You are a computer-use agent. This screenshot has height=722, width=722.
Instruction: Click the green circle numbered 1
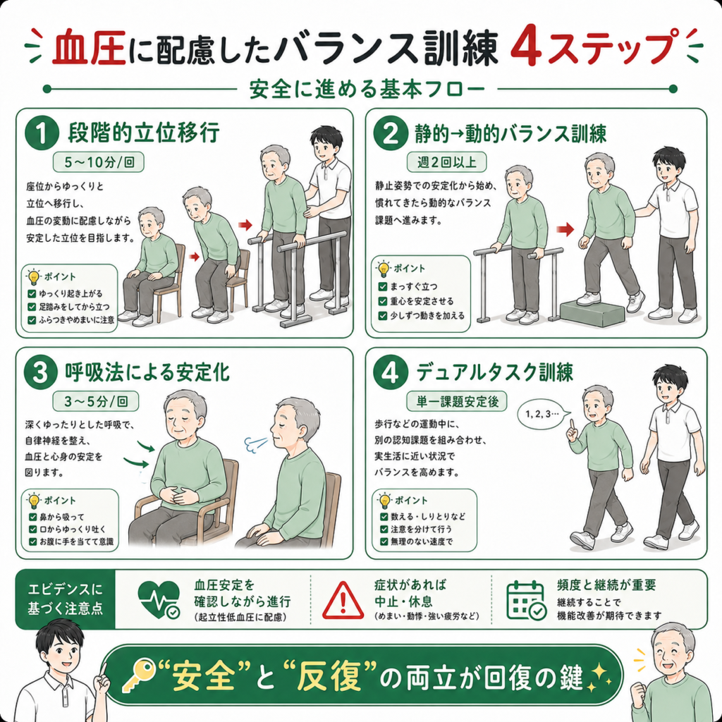tap(42, 133)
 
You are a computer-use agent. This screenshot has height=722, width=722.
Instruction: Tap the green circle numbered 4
tap(390, 372)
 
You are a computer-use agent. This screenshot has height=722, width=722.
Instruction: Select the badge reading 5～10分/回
tap(99, 163)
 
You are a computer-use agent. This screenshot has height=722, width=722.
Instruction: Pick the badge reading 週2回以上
tap(446, 162)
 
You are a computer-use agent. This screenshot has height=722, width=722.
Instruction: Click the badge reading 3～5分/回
tap(96, 401)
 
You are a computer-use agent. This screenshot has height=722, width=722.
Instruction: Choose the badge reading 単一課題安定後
tap(456, 401)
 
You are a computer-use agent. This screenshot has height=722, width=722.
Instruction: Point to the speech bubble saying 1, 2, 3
tap(544, 413)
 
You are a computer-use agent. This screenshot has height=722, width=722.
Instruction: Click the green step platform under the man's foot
tap(593, 312)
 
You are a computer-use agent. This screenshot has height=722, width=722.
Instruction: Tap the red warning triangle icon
tap(343, 601)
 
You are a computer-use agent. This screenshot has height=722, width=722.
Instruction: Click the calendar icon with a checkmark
tap(526, 601)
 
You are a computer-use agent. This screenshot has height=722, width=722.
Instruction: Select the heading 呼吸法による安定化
tap(147, 372)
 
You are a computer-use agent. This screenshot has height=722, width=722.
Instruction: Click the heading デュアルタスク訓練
tap(494, 372)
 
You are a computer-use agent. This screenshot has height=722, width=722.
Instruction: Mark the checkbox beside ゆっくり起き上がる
tap(32, 294)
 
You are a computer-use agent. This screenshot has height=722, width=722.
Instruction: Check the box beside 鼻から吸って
tap(32, 517)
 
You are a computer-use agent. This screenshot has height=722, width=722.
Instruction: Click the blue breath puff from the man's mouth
tap(255, 444)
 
